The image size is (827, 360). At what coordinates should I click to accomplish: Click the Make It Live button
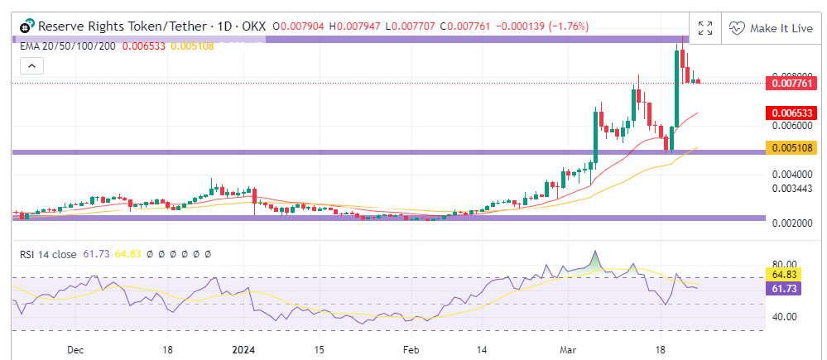click(x=770, y=27)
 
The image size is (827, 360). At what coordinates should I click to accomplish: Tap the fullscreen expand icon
click(x=704, y=27)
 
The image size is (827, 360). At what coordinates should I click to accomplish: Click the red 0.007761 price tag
click(x=793, y=83)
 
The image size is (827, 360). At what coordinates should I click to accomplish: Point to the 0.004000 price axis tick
click(x=787, y=175)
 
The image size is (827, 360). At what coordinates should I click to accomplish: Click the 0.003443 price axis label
click(x=787, y=189)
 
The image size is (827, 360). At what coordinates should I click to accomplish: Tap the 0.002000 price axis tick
click(x=787, y=224)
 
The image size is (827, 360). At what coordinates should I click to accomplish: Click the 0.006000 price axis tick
click(x=787, y=126)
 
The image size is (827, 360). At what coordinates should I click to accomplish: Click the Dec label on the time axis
click(x=75, y=349)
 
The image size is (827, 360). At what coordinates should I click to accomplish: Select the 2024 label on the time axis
click(x=242, y=349)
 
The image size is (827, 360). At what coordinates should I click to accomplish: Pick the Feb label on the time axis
click(x=411, y=349)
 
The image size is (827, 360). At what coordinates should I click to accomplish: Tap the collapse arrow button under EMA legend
click(x=31, y=65)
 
